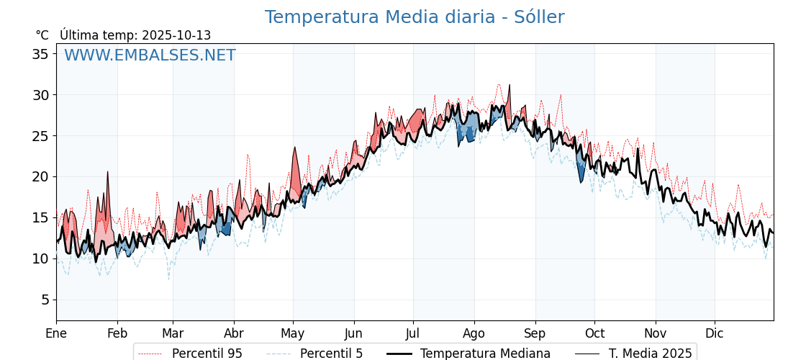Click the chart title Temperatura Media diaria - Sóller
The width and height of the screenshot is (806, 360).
click(x=414, y=17)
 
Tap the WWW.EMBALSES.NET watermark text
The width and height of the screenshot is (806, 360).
click(x=150, y=55)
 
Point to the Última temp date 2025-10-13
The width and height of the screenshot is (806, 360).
click(x=176, y=35)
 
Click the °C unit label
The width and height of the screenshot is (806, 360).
click(x=42, y=35)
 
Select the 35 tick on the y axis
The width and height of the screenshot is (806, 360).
click(x=41, y=54)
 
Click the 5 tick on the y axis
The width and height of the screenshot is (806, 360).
click(x=45, y=300)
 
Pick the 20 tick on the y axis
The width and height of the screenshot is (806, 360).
click(x=41, y=176)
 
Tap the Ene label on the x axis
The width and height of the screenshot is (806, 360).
click(x=56, y=333)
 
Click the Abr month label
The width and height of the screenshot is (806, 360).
click(x=234, y=333)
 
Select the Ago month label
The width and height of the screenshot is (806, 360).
click(x=474, y=333)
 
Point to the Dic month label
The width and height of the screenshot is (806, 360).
click(x=715, y=333)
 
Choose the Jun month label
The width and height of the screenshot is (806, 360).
click(x=353, y=333)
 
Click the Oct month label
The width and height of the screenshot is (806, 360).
click(x=594, y=333)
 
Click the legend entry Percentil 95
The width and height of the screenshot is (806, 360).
click(x=207, y=354)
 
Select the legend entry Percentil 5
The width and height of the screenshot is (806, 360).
click(x=331, y=354)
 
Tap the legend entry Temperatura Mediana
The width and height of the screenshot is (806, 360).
click(x=485, y=354)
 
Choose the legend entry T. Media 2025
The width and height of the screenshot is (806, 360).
click(x=650, y=354)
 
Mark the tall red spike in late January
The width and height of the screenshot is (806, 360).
click(x=108, y=173)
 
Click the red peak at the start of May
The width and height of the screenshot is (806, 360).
click(x=294, y=149)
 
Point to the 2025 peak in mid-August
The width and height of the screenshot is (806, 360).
click(x=510, y=86)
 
